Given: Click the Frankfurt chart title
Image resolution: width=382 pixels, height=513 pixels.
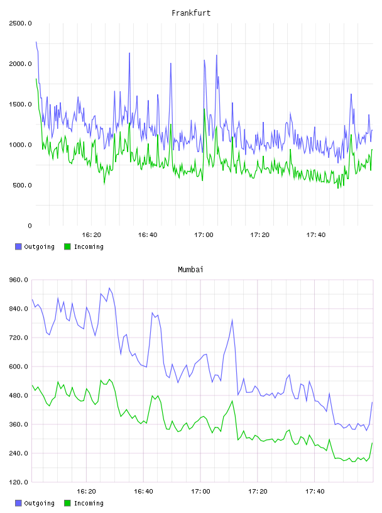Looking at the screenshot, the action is coord(191,13).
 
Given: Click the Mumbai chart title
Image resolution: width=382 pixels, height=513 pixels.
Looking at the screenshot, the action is coord(190,270).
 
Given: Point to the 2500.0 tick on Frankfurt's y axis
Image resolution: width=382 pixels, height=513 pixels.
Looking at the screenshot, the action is coord(20,23).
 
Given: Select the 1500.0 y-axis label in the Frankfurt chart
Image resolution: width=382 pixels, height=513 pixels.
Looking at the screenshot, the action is coord(20,104).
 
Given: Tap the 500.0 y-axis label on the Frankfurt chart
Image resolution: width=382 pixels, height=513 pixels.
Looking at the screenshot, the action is coord(22,185).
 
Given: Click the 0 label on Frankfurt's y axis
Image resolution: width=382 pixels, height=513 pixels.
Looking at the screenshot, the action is coord(30,226).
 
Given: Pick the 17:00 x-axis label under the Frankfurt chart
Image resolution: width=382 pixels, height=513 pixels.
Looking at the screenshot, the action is coord(204,235).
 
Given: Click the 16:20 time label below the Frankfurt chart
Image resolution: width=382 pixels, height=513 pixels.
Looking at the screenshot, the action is coord(91,235).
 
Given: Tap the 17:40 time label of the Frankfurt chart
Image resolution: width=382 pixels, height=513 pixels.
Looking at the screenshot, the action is coord(315,235).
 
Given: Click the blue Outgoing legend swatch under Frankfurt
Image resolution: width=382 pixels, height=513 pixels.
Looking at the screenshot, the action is coord(18,246).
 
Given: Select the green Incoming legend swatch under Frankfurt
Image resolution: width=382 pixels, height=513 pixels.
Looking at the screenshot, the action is coord(67,246).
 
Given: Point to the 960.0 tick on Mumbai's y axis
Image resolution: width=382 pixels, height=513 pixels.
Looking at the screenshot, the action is coord(19,280).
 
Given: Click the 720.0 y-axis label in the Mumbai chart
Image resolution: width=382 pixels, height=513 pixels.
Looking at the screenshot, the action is coord(19,338).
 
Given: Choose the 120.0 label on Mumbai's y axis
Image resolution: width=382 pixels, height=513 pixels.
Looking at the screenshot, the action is coord(19,482).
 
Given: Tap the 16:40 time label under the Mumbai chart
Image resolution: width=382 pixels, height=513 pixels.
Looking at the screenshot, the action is coord(143,492).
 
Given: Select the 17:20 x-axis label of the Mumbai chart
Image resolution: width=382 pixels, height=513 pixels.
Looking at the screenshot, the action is coord(258,492).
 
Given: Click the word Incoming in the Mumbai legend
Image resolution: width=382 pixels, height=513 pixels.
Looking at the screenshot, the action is coord(89,503).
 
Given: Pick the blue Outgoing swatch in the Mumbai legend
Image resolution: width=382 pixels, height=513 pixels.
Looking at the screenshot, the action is coord(18,503).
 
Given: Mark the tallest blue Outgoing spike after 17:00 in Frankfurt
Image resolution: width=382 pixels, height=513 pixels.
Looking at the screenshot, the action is coord(217,55).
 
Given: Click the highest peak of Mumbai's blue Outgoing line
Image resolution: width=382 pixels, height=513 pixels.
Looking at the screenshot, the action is coord(109,288).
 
